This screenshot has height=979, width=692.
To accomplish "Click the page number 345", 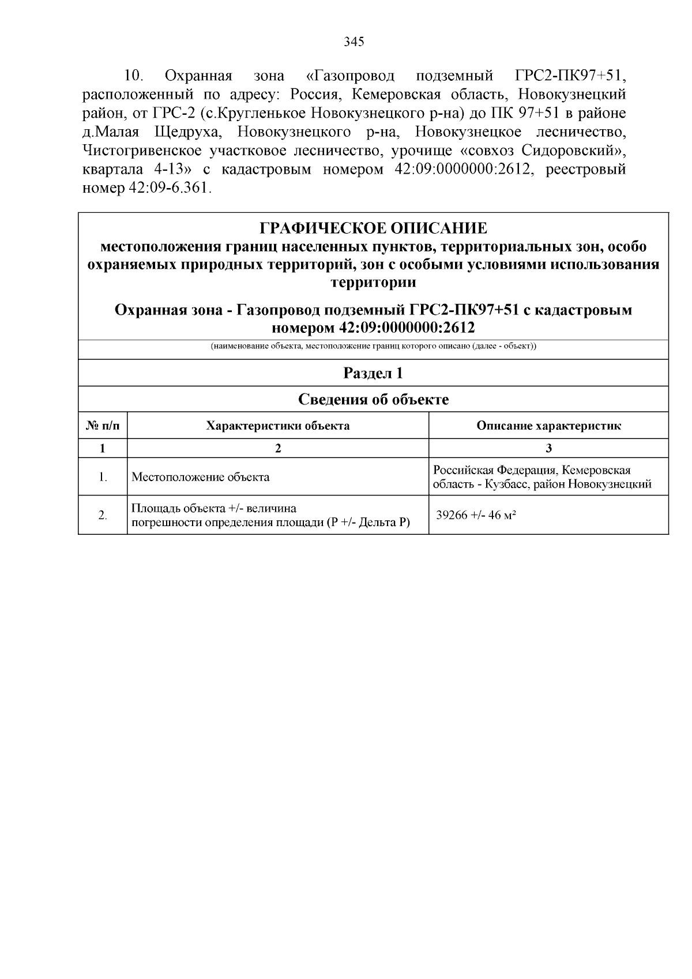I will (354, 42).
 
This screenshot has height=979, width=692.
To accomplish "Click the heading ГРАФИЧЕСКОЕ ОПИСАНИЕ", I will (373, 228).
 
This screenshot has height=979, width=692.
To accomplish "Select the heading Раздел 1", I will (373, 373).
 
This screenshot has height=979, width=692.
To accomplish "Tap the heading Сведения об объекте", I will (373, 399).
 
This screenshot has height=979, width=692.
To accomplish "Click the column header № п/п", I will (103, 426).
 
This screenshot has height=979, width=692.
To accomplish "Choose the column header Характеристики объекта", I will (277, 426).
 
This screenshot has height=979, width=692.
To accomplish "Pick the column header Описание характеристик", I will (548, 426).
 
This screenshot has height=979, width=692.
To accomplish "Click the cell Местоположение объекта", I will (200, 477).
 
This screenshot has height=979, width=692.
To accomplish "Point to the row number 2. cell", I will (103, 515).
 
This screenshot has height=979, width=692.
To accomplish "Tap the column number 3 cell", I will (548, 448).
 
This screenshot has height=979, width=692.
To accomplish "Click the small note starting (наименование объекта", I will (373, 347).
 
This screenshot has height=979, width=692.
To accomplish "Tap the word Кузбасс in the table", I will (506, 484).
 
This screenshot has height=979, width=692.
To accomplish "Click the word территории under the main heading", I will (373, 283).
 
